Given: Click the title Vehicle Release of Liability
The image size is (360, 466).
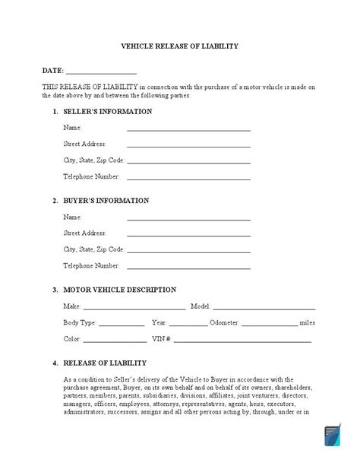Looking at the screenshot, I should pos(180,46).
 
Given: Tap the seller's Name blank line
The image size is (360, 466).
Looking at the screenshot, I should pos(188,130).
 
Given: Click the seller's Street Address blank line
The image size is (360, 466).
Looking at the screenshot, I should pos(188,146).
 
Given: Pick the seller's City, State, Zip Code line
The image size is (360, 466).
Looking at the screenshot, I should pos(188,163).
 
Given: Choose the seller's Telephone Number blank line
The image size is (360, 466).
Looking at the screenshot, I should pos(188,179).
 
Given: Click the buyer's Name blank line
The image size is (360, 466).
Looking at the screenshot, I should pos(188,219).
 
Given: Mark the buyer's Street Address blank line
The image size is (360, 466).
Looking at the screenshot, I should pos(188,236).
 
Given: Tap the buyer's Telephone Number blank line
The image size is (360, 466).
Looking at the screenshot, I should pos(188,268).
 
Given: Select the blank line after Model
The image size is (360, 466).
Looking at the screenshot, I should pos(264,309).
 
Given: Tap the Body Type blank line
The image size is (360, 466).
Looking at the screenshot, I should pos(122,325).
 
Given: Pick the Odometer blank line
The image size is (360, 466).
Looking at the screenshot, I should pos(270,325).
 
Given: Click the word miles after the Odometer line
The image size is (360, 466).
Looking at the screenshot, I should pos(308,323).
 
